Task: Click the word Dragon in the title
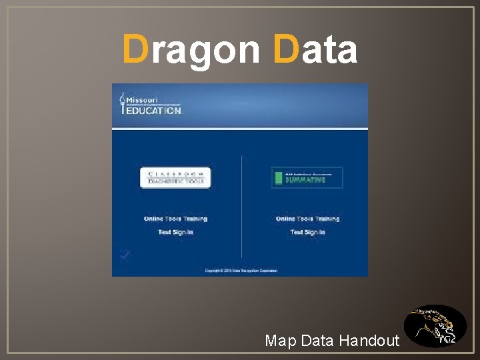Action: (192, 50)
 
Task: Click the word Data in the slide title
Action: (315, 50)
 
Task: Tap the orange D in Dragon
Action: (135, 50)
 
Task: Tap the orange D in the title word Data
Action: (286, 50)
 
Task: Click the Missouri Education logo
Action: (150, 104)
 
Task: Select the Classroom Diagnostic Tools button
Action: (175, 177)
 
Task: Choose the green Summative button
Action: (307, 177)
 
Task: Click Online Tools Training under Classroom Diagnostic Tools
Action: (175, 219)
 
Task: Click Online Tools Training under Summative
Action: (307, 219)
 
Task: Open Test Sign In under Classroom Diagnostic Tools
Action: (175, 232)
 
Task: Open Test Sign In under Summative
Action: (307, 232)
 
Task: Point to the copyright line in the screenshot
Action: (241, 271)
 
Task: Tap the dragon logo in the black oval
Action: (435, 326)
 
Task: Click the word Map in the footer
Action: (280, 341)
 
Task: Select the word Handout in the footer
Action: (369, 341)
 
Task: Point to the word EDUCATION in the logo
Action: (154, 111)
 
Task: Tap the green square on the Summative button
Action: (277, 178)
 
